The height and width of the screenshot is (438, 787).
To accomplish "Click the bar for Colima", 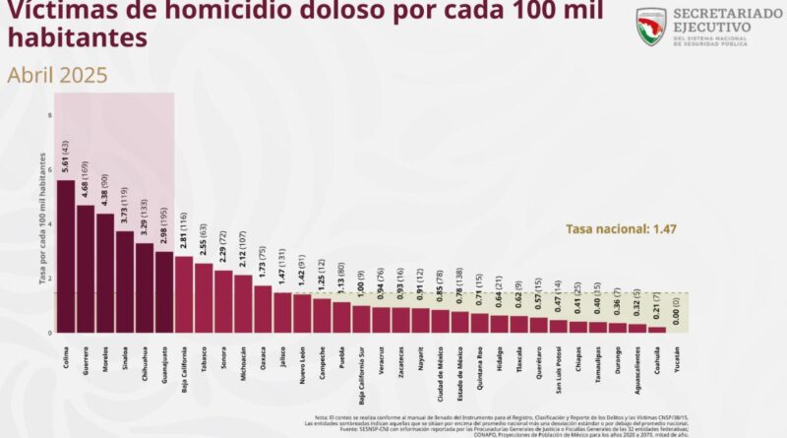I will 66,256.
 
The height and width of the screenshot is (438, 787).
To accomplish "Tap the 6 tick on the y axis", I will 49,169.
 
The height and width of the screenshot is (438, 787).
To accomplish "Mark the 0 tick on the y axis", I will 49,333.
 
